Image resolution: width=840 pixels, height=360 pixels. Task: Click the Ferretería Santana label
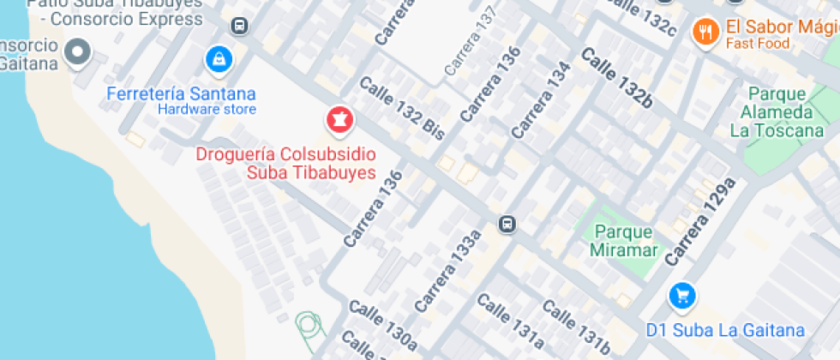click(x=181, y=93)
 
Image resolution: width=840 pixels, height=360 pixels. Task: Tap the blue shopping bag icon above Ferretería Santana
click(x=220, y=59)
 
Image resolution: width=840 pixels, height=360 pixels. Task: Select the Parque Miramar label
click(x=625, y=241)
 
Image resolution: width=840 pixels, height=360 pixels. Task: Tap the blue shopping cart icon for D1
click(x=682, y=297)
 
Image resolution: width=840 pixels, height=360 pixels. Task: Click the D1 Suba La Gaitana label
click(x=725, y=330)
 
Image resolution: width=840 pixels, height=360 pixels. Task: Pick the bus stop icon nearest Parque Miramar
click(x=507, y=225)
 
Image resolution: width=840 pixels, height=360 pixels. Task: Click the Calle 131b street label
click(x=576, y=328)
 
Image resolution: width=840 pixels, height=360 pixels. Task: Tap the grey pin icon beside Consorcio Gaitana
click(x=79, y=52)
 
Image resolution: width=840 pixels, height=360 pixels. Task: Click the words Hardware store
click(x=207, y=109)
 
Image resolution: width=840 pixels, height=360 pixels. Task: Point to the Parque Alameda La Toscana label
click(x=777, y=112)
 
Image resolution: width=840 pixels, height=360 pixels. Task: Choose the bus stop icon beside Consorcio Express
click(x=240, y=26)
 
